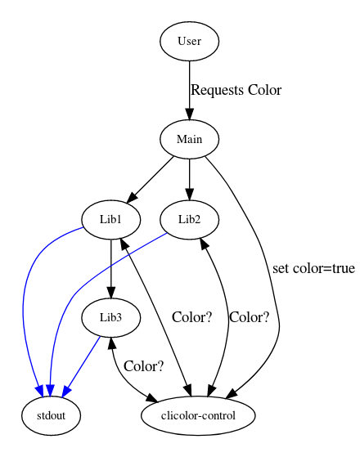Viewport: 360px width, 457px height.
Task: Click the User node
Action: coord(189,41)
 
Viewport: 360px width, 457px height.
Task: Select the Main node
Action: coord(189,139)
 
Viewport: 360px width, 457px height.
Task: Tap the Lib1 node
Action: coord(110,219)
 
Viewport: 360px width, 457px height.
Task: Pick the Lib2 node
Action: coord(189,219)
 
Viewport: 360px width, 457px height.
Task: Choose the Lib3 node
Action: coord(110,317)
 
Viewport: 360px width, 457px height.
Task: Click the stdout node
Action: coord(51,415)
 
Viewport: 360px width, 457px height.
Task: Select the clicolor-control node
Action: coord(198,415)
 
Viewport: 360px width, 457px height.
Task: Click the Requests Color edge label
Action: coord(236,90)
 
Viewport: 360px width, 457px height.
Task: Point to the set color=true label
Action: coord(313,268)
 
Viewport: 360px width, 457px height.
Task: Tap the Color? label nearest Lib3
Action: coord(143,366)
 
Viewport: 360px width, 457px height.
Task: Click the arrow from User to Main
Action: coord(189,91)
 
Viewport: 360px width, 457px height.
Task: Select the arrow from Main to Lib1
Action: coord(151,179)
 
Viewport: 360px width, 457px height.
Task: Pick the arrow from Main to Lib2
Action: coord(189,180)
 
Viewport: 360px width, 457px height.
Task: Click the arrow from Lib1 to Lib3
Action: coord(110,269)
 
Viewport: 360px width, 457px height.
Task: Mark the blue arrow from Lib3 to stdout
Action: coord(82,365)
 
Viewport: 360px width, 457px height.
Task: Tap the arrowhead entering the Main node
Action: coord(189,114)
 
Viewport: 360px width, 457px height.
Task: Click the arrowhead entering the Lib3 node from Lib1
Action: coord(110,293)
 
